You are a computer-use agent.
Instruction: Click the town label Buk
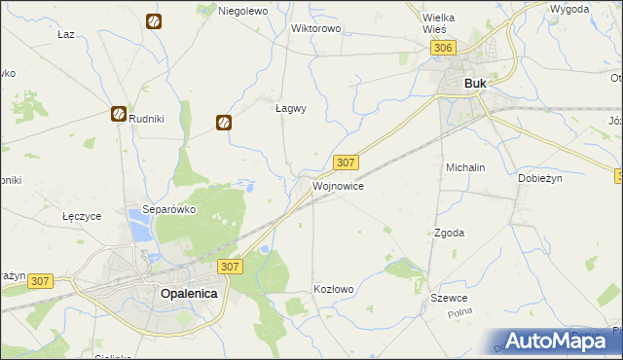coord(475,84)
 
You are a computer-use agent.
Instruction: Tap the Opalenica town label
coord(189,293)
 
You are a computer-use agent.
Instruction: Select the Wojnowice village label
coord(338,185)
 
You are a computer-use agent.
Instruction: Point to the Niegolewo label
coord(242,11)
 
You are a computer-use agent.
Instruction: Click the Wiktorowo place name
coord(315,28)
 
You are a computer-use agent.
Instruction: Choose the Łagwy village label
coord(291,109)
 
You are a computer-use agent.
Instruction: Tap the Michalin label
coord(465,167)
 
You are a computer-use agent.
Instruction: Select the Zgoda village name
coord(449,233)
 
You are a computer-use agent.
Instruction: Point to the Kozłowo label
coord(333,289)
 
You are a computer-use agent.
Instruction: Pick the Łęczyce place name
coord(81,216)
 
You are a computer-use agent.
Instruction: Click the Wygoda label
coord(568,9)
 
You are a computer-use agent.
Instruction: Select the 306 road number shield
coord(443,48)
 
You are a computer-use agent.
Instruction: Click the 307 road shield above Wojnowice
coord(346,162)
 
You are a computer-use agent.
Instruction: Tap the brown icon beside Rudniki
coord(118,114)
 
